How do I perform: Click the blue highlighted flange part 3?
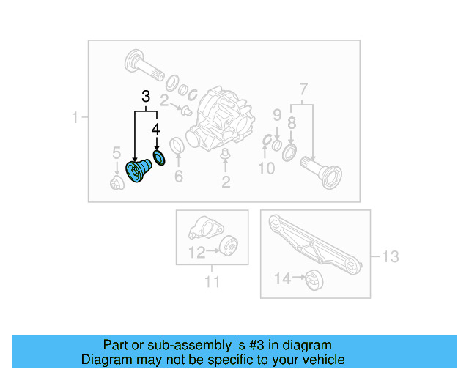coord(137,173)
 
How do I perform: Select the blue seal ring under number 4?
coord(158,157)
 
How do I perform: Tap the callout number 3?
coord(146,97)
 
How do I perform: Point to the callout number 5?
coord(116,152)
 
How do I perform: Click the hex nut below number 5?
coord(115,183)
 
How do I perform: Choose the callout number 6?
coord(178,176)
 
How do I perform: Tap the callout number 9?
coord(278,114)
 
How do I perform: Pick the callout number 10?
coord(266,169)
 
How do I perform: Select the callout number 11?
coord(212,281)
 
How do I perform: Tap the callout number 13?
coord(390,256)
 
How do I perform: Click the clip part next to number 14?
coord(314,279)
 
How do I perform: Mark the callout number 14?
coord(282,278)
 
